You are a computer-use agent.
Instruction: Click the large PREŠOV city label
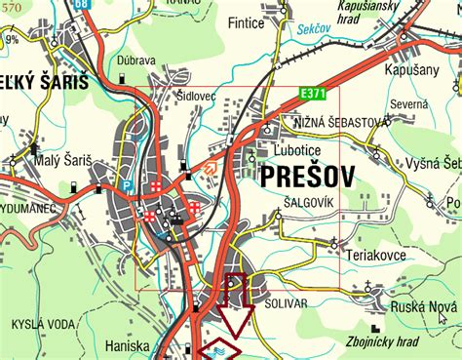(307, 177)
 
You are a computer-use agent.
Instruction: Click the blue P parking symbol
(127, 183)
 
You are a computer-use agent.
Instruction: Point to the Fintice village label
(246, 22)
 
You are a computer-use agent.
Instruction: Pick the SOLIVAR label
(285, 304)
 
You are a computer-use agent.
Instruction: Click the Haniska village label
(128, 344)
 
